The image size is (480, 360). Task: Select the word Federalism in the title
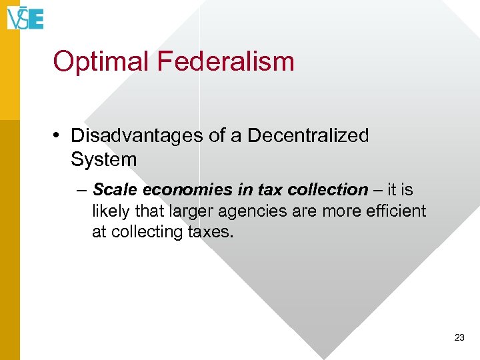click(226, 61)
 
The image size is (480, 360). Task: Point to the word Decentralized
click(308, 135)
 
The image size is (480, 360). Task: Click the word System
click(103, 159)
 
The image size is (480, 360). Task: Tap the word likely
click(110, 211)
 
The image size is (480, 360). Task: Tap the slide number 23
click(459, 338)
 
